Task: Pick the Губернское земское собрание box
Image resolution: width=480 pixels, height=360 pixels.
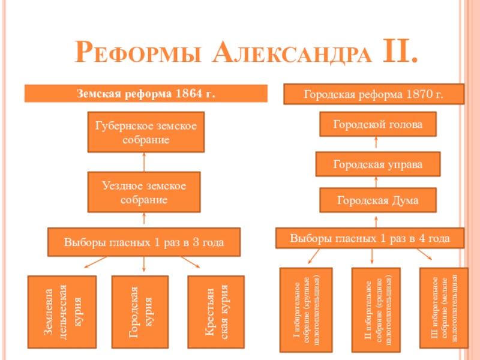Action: (x=146, y=131)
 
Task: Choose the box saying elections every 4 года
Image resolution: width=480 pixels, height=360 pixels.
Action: (x=370, y=238)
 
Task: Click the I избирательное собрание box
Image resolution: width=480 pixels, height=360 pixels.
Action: (x=306, y=309)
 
